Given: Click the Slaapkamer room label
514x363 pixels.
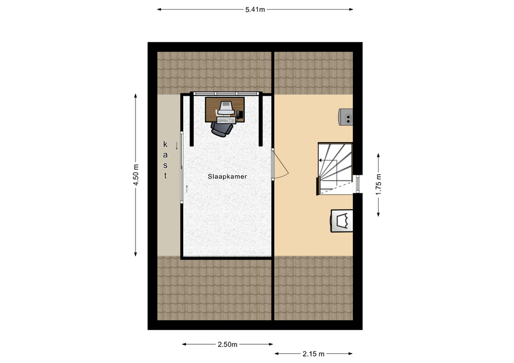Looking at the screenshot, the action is [x=227, y=176].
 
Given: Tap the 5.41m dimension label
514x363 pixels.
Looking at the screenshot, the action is [x=255, y=10].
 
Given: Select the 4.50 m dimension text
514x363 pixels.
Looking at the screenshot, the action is [x=135, y=175].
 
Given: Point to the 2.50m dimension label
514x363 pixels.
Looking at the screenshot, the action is [x=228, y=344].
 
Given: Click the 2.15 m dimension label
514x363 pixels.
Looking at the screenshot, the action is [x=313, y=354].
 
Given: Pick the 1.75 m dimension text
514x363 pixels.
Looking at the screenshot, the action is [x=379, y=184].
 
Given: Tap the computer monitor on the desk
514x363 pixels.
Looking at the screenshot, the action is [x=226, y=107].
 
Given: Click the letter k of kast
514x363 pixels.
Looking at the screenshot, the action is [x=165, y=144].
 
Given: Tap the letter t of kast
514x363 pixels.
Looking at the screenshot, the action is [x=165, y=175].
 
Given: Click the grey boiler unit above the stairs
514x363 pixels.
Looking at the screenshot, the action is [x=346, y=117].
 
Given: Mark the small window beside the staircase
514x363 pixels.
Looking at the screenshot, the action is [x=358, y=184].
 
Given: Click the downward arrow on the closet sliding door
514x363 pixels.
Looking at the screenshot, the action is [x=177, y=145].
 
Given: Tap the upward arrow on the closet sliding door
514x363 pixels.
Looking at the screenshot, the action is [x=187, y=189].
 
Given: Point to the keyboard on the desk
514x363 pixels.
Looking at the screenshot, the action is [x=226, y=121].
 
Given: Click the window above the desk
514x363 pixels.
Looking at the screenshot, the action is [x=226, y=94].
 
